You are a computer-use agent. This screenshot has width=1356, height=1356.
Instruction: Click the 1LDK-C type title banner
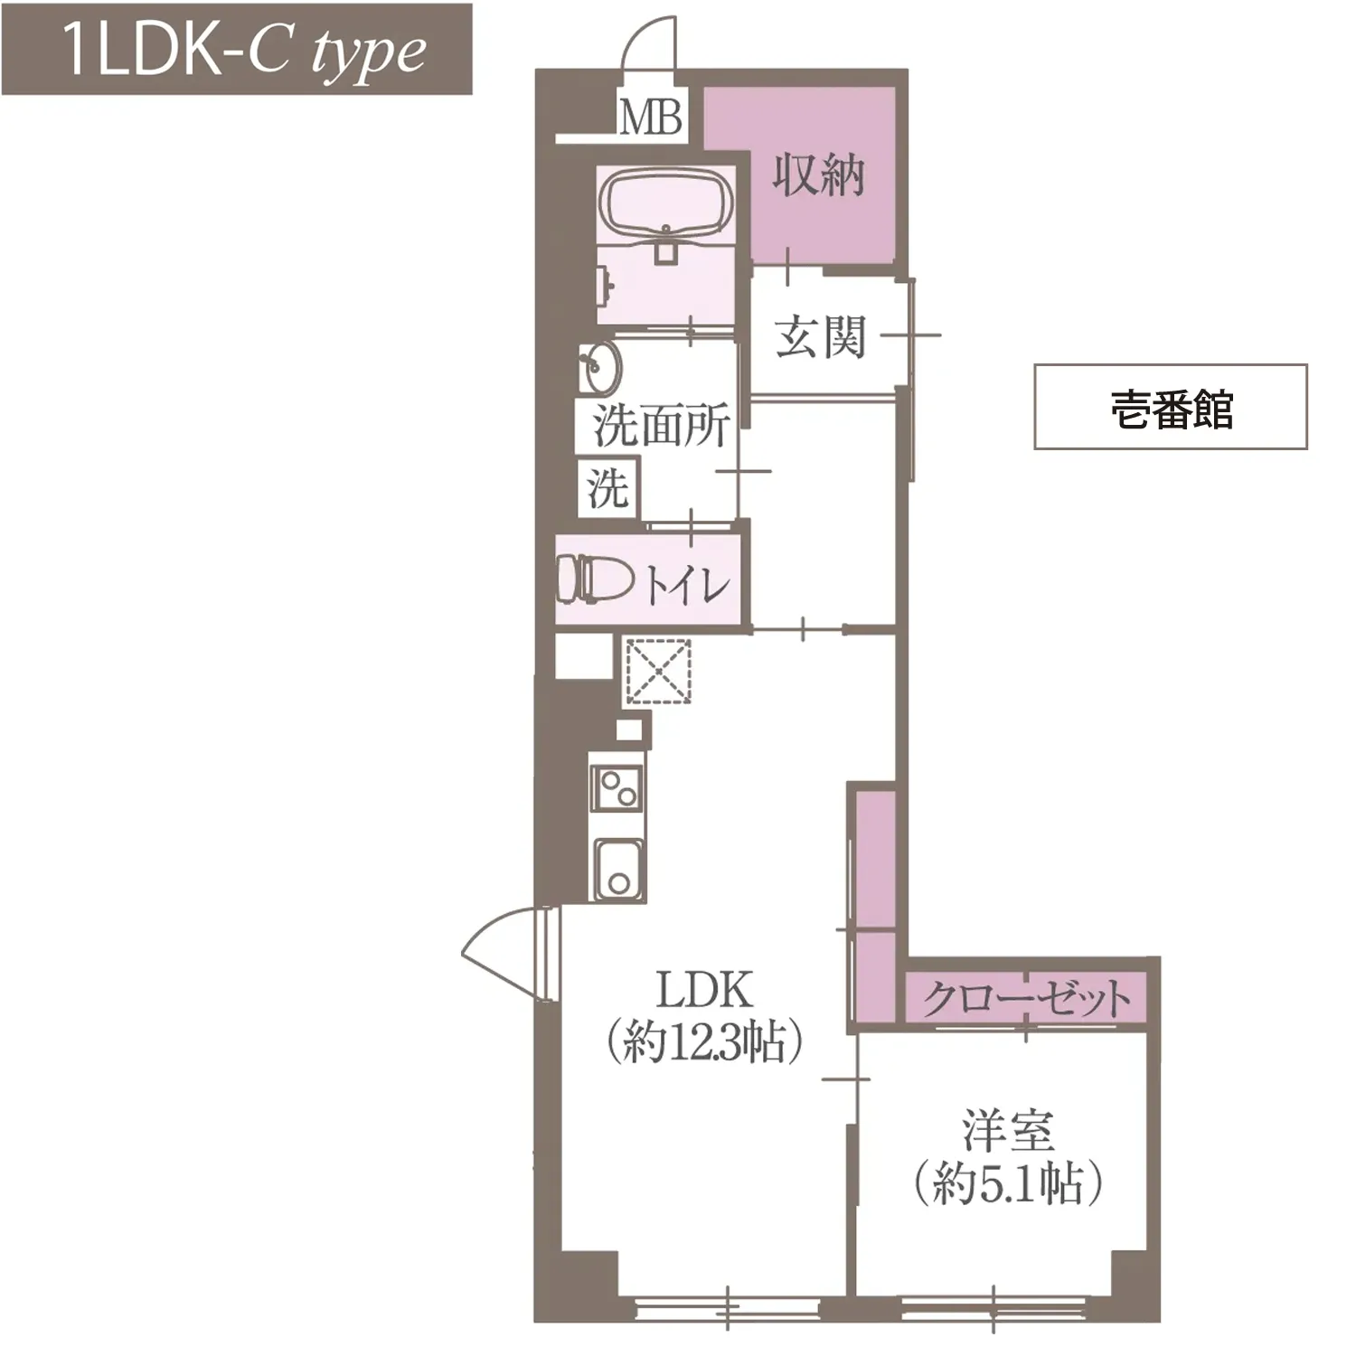tap(237, 49)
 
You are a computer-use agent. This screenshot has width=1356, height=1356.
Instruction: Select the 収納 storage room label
tap(819, 174)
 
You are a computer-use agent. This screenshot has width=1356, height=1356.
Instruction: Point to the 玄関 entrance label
tap(820, 336)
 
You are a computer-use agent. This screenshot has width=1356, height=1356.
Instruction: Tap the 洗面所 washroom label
tap(661, 426)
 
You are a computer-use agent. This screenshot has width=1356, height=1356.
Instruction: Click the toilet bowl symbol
tap(594, 579)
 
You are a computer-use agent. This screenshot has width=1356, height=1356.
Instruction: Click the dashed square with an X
tap(658, 672)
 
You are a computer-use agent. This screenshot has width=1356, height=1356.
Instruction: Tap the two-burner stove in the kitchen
tap(617, 788)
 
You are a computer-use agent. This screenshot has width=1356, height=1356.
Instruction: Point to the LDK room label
tap(704, 990)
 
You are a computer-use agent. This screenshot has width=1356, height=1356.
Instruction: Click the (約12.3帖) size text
tap(704, 1042)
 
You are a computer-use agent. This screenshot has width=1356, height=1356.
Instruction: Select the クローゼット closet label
tap(1026, 999)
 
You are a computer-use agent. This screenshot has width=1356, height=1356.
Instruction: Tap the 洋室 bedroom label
tap(1007, 1131)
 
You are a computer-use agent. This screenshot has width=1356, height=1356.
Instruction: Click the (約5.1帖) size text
tap(1007, 1183)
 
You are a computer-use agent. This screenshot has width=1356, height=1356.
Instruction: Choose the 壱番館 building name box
tap(1171, 407)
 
